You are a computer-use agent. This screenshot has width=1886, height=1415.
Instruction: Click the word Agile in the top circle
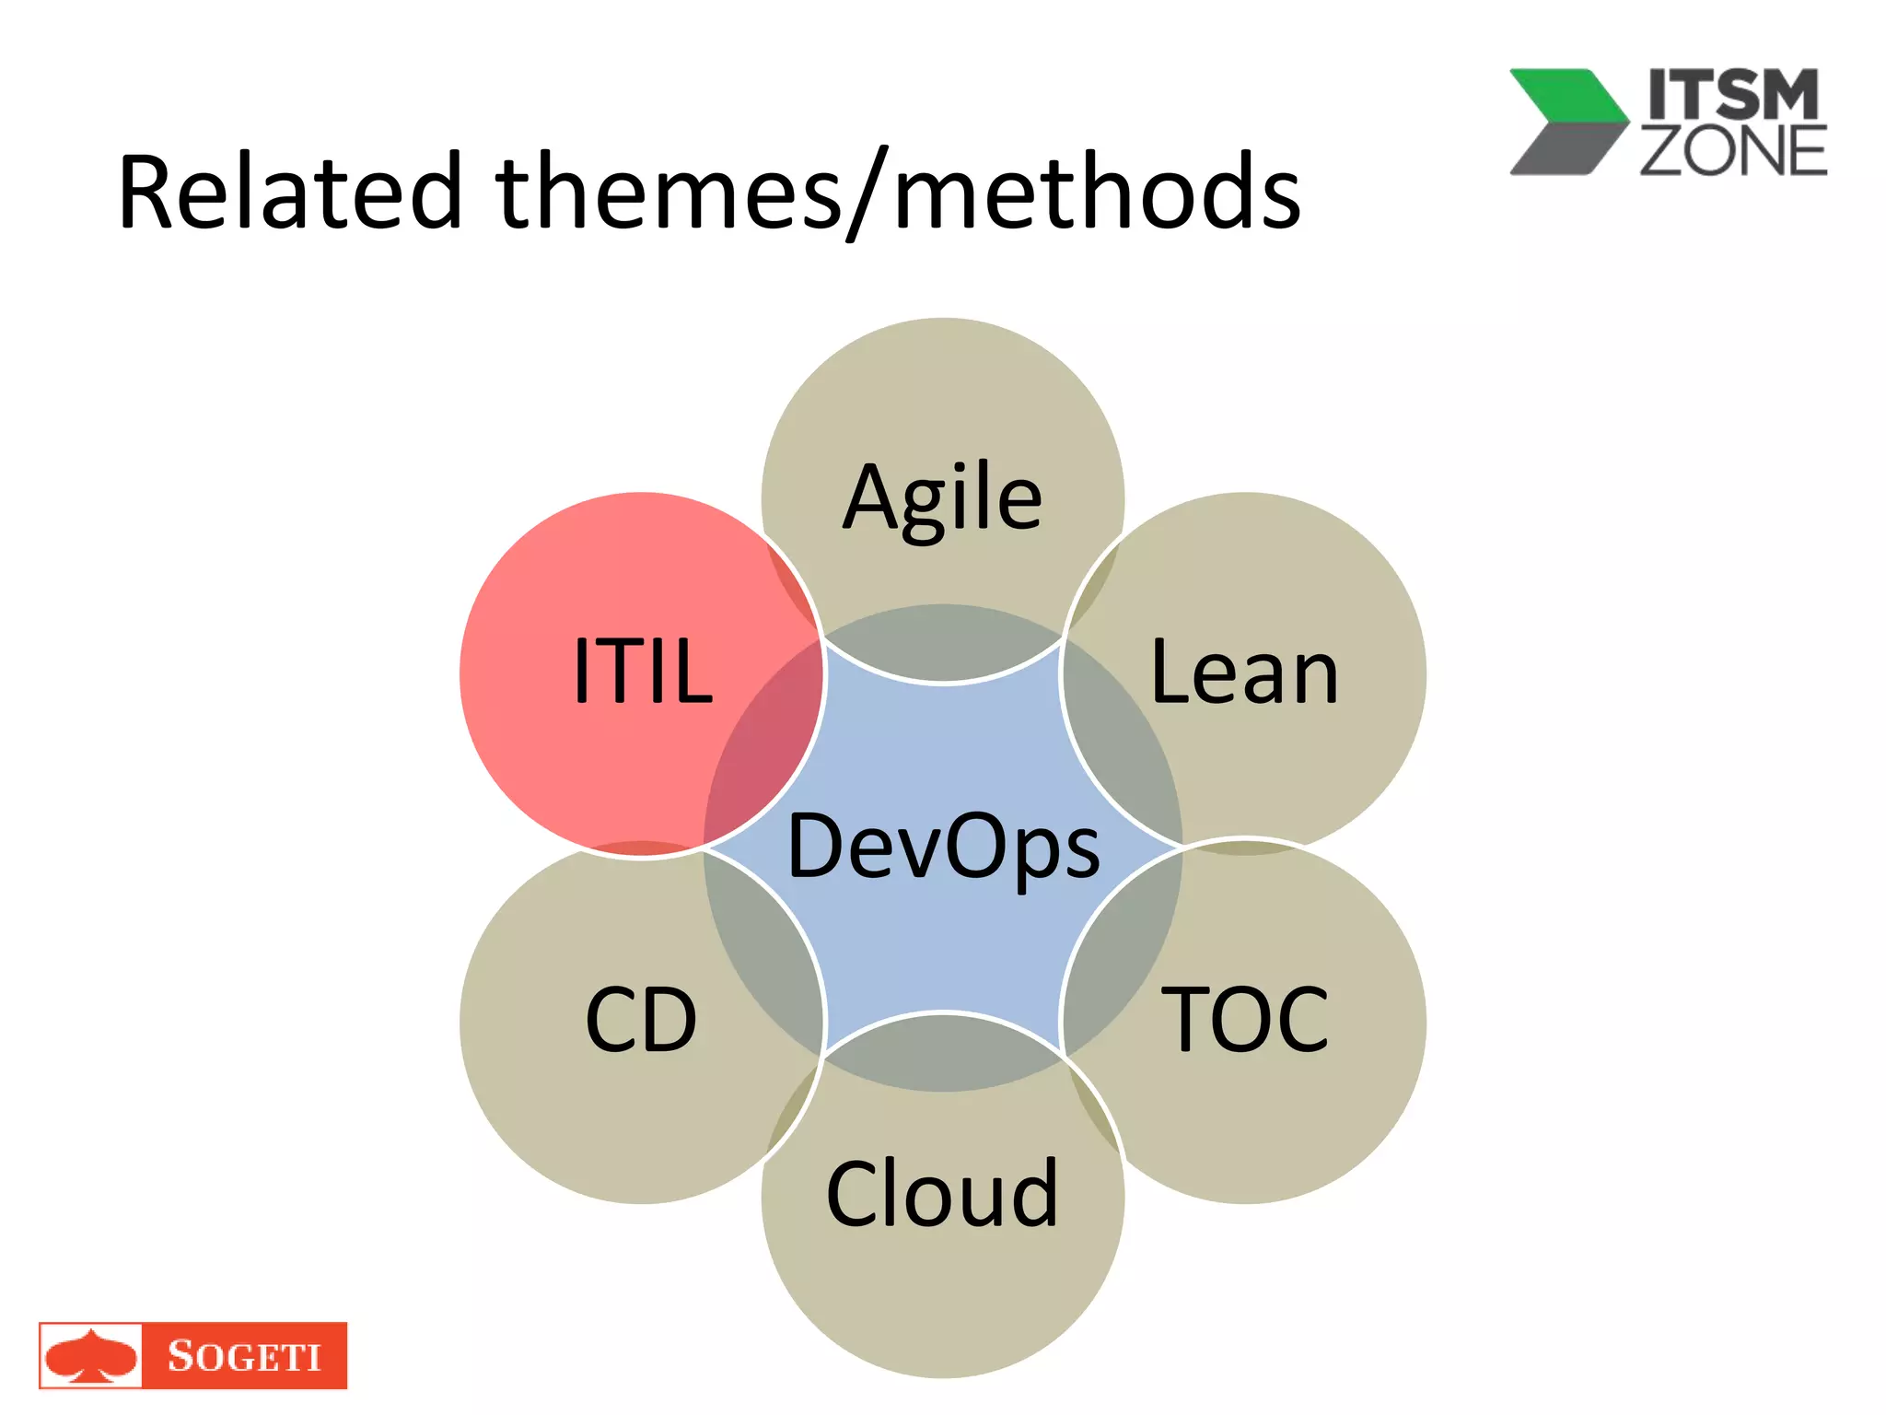pos(942,498)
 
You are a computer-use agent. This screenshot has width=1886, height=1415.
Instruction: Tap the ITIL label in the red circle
pos(642,672)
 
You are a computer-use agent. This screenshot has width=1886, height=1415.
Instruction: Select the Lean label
pos(1244,673)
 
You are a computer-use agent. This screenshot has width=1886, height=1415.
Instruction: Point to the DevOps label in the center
pos(943,846)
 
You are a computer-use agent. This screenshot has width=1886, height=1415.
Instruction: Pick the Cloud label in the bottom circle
pos(942,1194)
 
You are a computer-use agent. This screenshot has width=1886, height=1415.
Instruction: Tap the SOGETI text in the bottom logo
pos(244,1356)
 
